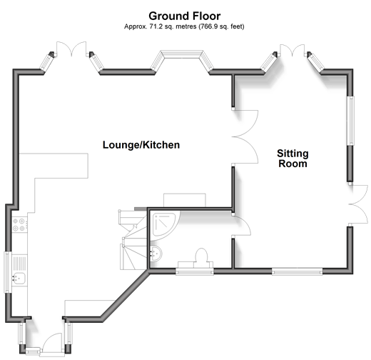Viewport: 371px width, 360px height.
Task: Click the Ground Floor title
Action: pyautogui.click(x=185, y=16)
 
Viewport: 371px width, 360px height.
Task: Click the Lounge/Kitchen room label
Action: pyautogui.click(x=141, y=145)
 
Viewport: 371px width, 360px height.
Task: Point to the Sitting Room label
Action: pyautogui.click(x=293, y=159)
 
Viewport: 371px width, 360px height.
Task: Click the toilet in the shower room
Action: pyautogui.click(x=201, y=258)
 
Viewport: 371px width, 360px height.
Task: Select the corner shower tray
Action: pyautogui.click(x=164, y=224)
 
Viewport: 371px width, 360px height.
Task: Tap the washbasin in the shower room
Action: pyautogui.click(x=156, y=254)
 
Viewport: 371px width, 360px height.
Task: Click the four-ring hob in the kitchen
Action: pyautogui.click(x=19, y=225)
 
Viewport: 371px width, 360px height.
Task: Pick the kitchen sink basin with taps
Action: pyautogui.click(x=19, y=279)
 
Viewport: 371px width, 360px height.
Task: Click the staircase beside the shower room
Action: pyautogui.click(x=133, y=239)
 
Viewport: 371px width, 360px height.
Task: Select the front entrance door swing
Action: pyautogui.click(x=54, y=342)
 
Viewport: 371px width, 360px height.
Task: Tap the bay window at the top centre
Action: pyautogui.click(x=182, y=59)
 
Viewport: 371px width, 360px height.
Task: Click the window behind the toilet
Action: pyautogui.click(x=195, y=271)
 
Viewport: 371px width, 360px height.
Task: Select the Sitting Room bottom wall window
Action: pyautogui.click(x=298, y=271)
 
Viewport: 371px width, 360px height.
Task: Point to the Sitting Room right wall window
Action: pyautogui.click(x=350, y=121)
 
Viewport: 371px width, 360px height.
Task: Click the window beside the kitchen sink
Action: pyautogui.click(x=8, y=272)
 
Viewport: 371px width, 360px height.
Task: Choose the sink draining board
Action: pyautogui.click(x=20, y=263)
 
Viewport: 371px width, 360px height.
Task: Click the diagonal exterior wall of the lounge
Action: pyautogui.click(x=125, y=295)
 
